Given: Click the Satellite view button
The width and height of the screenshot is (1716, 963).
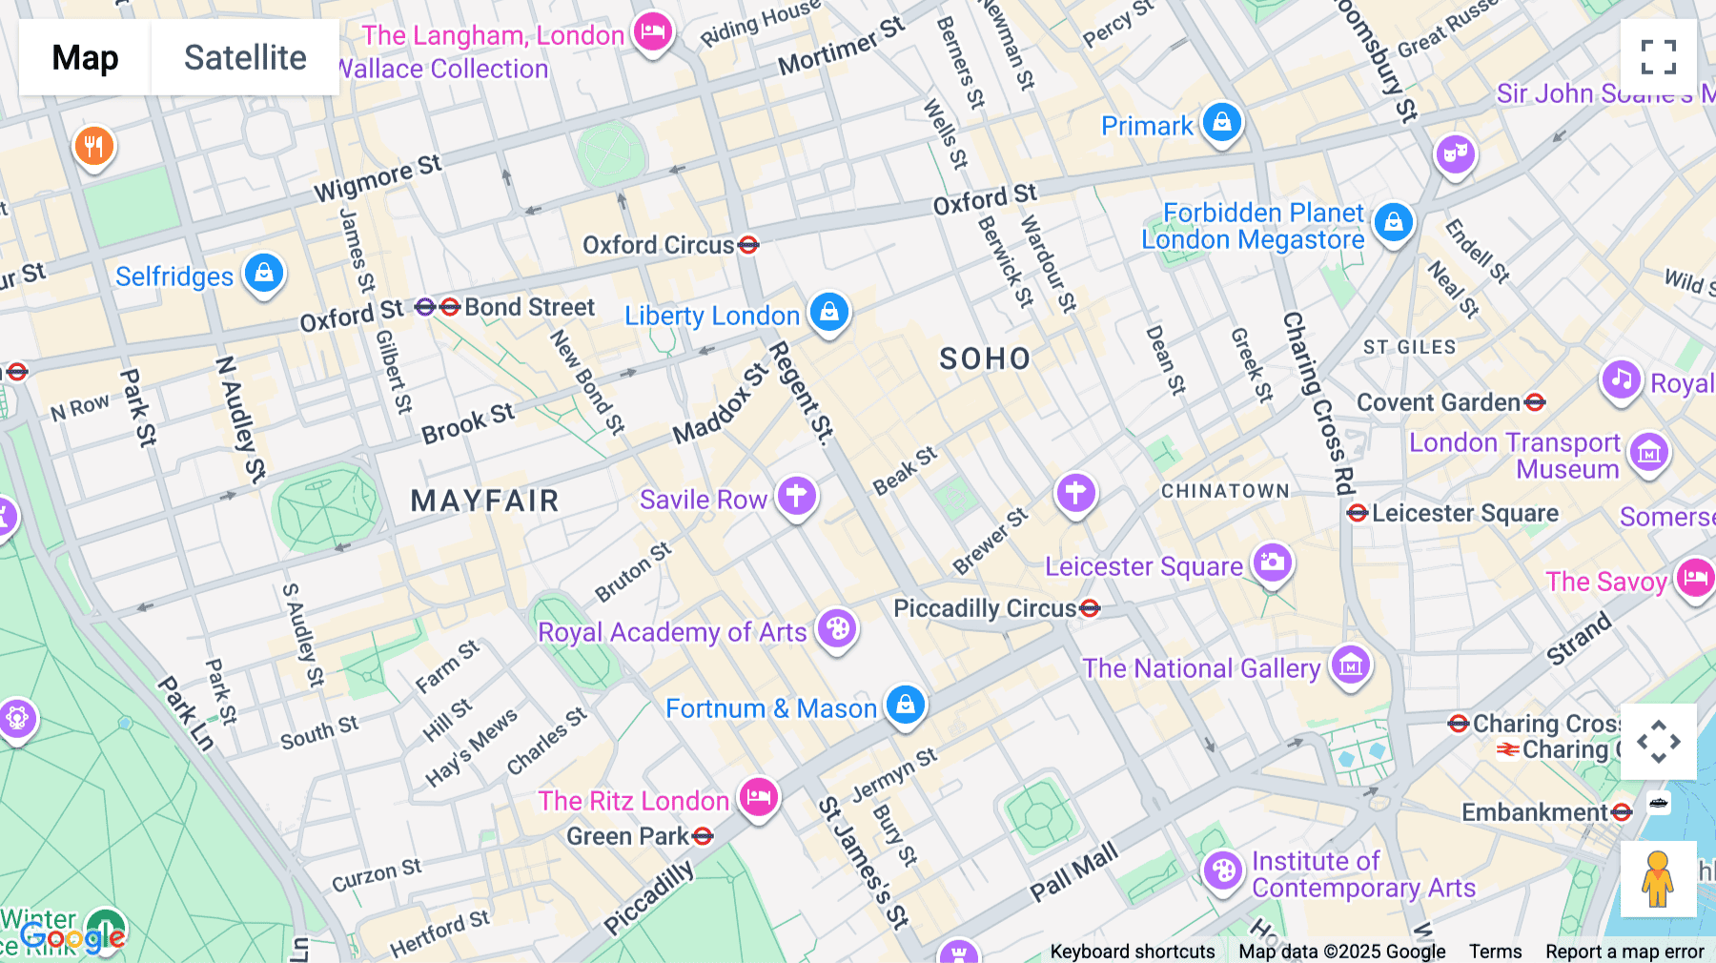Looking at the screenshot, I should (245, 57).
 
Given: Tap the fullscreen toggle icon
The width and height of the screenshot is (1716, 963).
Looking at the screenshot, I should (1658, 57).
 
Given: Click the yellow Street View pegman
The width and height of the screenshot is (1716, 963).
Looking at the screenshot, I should (1658, 879).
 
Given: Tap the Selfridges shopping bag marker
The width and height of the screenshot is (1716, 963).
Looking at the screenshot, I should (264, 274).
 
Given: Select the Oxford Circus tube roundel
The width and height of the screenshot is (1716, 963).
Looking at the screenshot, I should (748, 245).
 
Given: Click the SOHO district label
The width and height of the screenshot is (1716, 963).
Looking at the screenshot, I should (985, 359).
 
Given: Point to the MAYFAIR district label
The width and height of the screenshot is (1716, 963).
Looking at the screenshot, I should (484, 501).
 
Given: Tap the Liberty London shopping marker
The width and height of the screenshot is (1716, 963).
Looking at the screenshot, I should (829, 312).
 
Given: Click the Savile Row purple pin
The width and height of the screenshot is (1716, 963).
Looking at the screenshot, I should (796, 496).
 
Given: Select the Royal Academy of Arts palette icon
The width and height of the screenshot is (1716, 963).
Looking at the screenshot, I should (837, 629).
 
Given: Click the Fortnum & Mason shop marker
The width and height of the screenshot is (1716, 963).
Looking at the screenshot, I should (906, 706).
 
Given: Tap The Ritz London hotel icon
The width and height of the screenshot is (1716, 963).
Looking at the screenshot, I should (759, 796).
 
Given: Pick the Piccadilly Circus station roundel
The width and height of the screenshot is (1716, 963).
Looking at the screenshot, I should (1091, 608).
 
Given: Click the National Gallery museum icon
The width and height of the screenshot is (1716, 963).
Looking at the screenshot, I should (1350, 666).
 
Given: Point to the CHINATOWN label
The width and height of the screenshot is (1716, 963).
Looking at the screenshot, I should (1225, 491).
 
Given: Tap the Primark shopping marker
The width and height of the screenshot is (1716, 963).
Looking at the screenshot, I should (1222, 122).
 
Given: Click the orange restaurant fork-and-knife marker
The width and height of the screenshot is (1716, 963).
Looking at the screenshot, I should (94, 147).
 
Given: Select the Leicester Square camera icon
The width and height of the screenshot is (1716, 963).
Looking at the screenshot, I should (1272, 563).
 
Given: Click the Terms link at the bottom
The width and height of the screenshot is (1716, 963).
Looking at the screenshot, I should (1495, 951).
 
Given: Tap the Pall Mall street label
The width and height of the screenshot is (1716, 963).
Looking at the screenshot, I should (1073, 871).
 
